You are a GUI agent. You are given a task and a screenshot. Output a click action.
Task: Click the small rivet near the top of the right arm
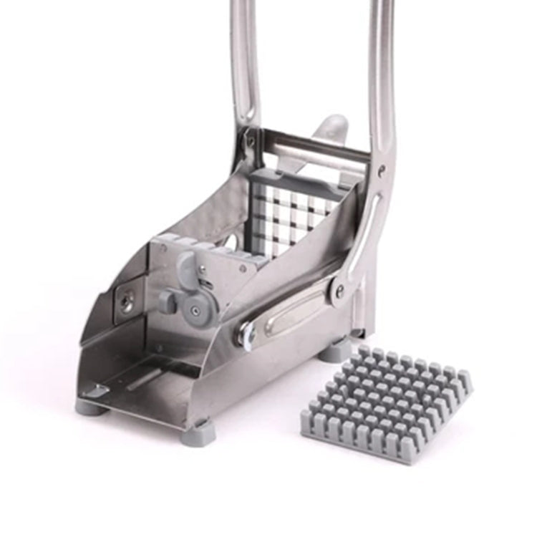click(x=381, y=171)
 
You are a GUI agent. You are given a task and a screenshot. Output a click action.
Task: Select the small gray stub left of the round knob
click(x=166, y=301)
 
